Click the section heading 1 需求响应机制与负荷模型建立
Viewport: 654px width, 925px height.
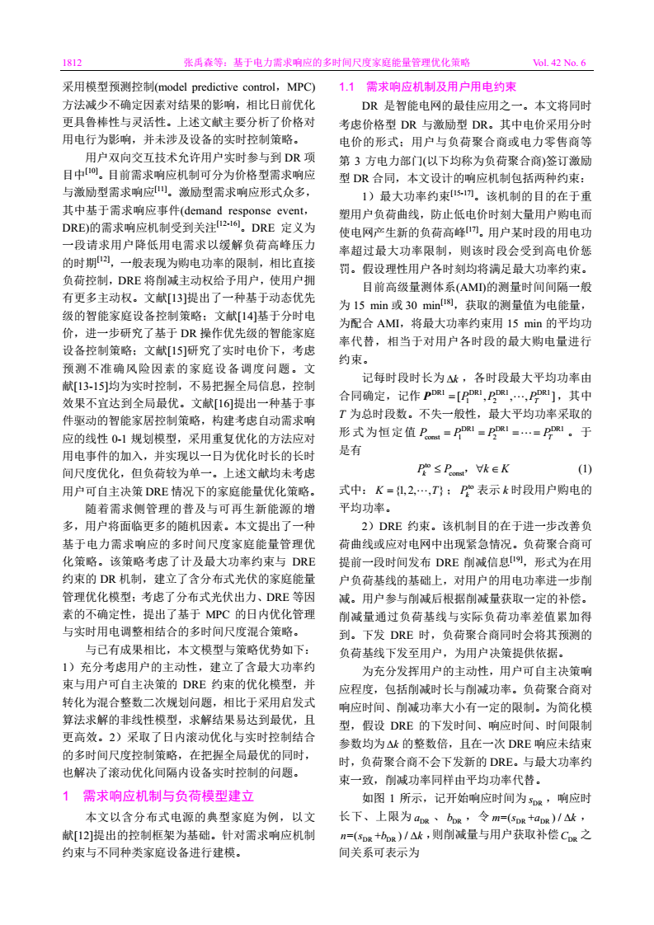(x=158, y=796)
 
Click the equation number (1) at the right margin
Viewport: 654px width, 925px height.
(x=584, y=469)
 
